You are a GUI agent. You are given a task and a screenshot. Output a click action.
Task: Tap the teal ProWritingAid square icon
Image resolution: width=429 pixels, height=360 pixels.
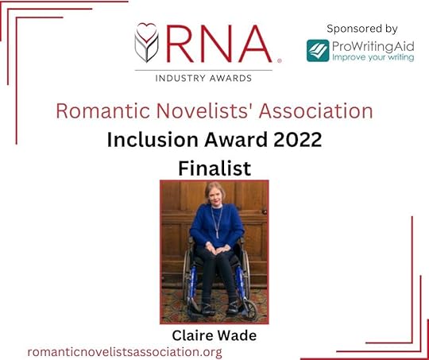(x=318, y=50)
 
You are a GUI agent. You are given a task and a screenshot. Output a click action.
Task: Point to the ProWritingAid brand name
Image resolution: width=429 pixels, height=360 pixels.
(x=369, y=45)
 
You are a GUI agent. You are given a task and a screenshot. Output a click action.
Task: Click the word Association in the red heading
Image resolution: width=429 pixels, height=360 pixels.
(x=315, y=111)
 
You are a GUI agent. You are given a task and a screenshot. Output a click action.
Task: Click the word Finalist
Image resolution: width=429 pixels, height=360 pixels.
(x=214, y=168)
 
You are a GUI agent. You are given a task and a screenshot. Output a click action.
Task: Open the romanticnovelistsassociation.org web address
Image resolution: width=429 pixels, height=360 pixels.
(x=125, y=351)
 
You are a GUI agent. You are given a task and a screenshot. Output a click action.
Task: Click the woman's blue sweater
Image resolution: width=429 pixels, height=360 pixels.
(x=215, y=226)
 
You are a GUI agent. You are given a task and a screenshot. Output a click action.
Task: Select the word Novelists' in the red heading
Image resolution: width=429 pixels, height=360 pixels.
(x=196, y=111)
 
